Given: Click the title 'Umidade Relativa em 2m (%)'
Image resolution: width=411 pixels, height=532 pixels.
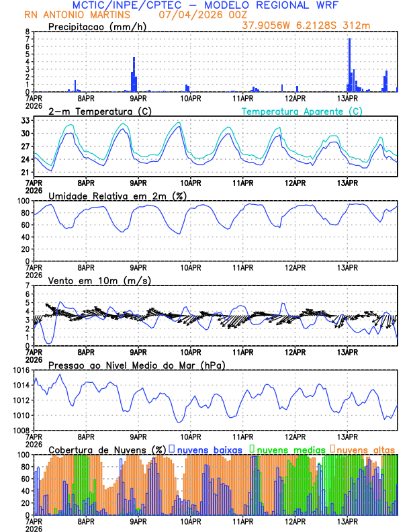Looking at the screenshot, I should click(x=118, y=195).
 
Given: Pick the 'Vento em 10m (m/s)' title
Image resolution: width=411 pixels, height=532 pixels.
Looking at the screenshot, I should click(x=99, y=280).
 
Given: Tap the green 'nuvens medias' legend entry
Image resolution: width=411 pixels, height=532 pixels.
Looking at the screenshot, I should click(x=287, y=449).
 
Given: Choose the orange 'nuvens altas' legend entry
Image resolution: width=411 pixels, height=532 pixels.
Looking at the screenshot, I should click(x=365, y=449).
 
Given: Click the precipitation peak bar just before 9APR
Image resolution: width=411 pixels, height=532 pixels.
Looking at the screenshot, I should click(x=134, y=75).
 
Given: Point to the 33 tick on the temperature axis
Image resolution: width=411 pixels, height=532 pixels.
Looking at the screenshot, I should click(x=26, y=120).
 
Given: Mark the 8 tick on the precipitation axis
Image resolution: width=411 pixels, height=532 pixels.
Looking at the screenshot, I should click(x=27, y=32).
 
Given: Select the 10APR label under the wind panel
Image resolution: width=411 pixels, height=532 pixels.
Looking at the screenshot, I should click(x=191, y=351).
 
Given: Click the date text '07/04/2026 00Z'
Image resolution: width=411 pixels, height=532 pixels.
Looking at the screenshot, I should click(x=199, y=15).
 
